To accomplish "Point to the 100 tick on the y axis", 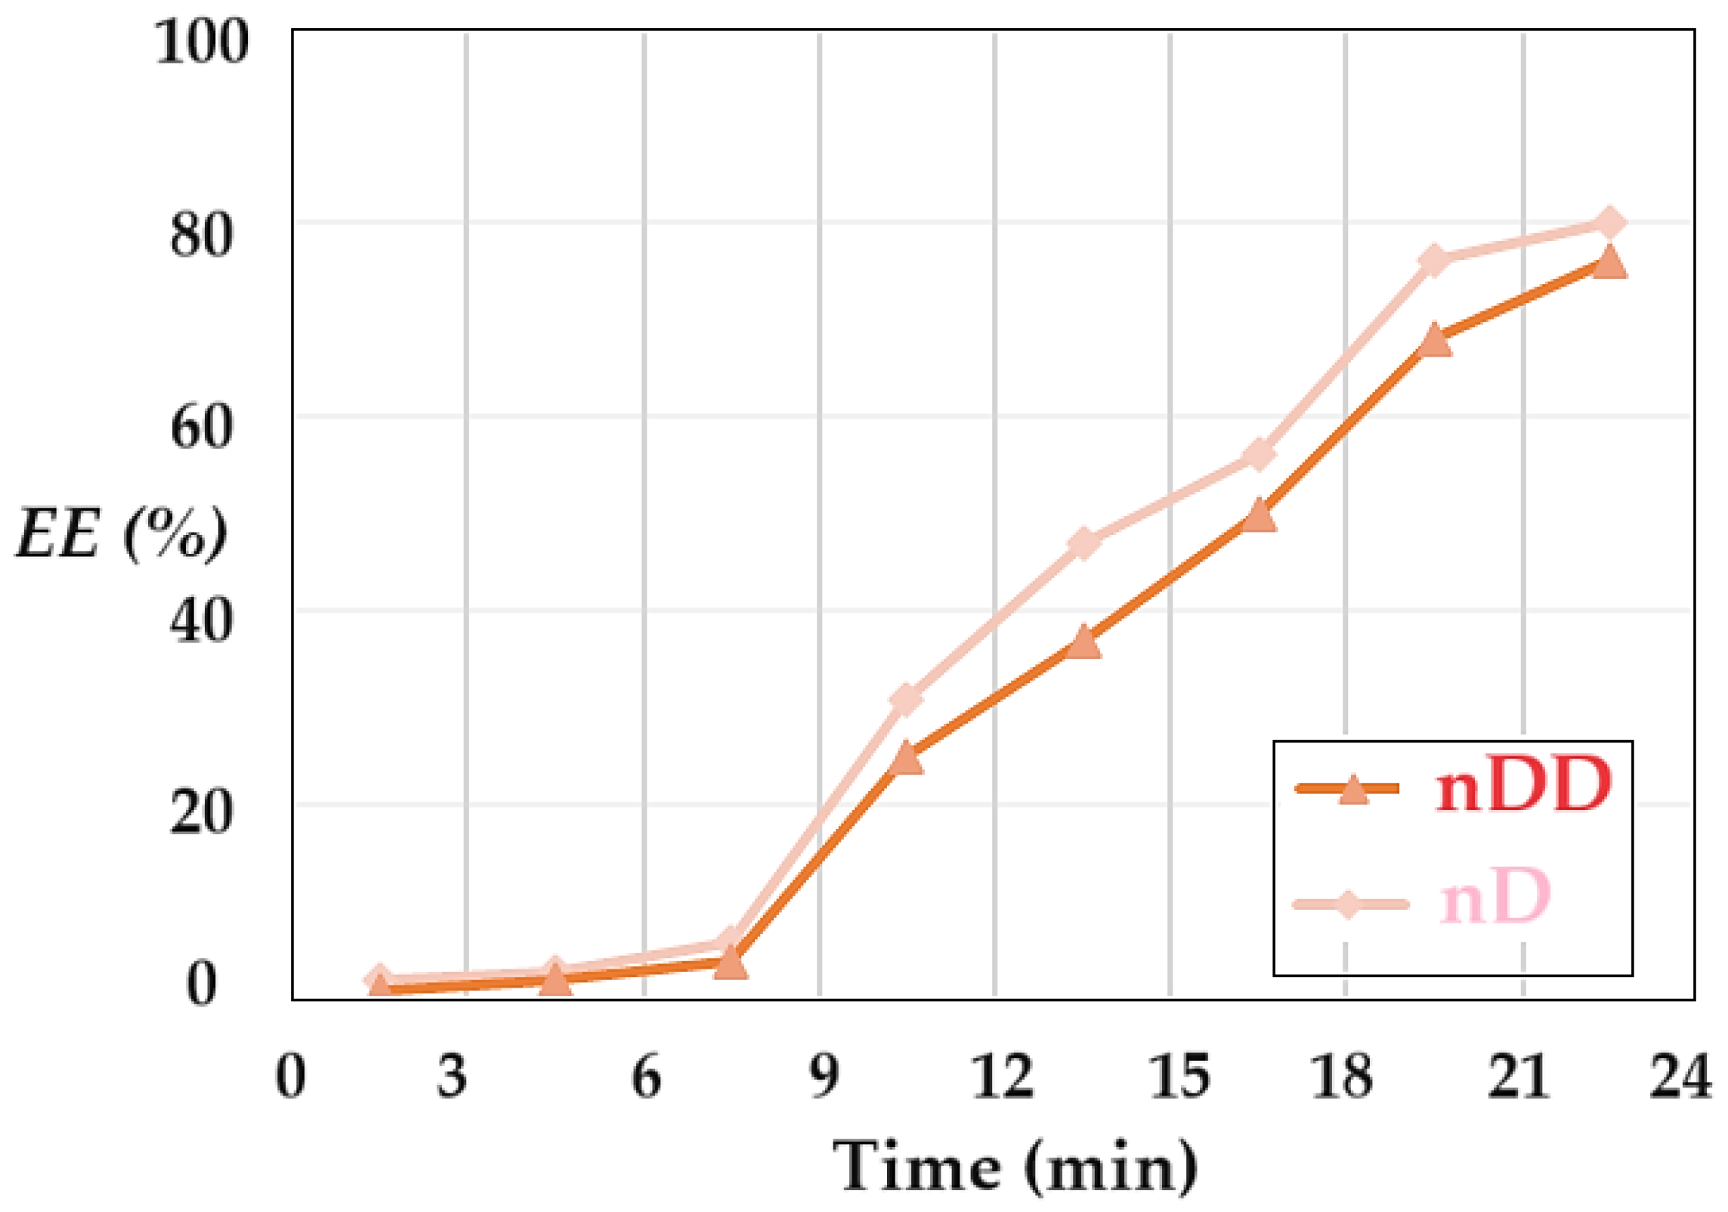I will tap(201, 41).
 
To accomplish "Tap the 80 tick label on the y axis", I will tap(201, 234).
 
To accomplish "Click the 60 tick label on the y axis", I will tap(201, 428).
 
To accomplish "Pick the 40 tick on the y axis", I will tap(201, 621).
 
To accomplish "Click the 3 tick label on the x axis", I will tap(452, 1076).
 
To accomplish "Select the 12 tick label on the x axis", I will tap(1002, 1076).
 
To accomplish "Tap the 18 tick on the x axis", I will tap(1342, 1076).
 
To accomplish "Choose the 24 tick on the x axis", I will tap(1680, 1076).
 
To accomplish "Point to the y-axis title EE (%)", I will tap(121, 533).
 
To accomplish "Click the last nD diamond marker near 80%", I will tap(1609, 222).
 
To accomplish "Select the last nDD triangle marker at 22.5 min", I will tap(1609, 263).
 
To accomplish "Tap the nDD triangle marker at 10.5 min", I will tap(906, 758).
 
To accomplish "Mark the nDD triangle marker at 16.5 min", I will tap(1259, 515).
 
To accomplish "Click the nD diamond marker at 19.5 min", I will tap(1433, 261).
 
